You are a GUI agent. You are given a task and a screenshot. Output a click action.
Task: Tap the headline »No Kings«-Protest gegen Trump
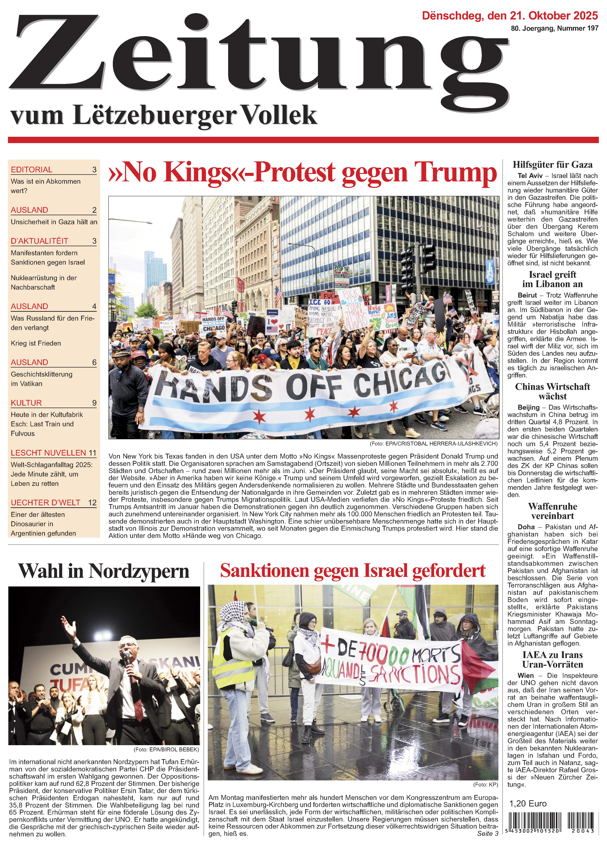(x=302, y=172)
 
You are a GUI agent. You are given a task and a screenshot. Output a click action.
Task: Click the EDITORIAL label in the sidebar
(x=32, y=170)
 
